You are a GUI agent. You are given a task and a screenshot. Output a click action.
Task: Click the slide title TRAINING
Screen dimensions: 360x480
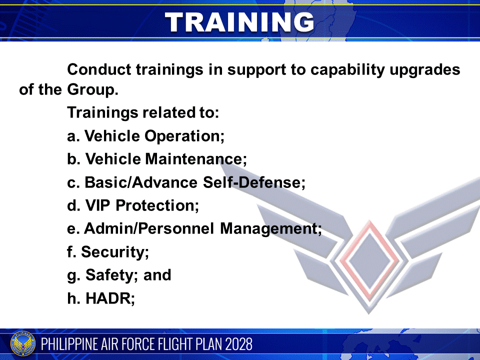pos(239,21)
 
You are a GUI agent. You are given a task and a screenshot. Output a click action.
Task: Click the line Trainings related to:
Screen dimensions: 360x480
pos(143,112)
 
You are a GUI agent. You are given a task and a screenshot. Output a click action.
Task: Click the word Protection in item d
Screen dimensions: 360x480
pos(157,205)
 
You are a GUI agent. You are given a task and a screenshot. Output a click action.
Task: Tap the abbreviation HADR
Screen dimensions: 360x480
pos(108,298)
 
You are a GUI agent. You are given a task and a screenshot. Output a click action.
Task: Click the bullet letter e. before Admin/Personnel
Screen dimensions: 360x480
pos(73,229)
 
